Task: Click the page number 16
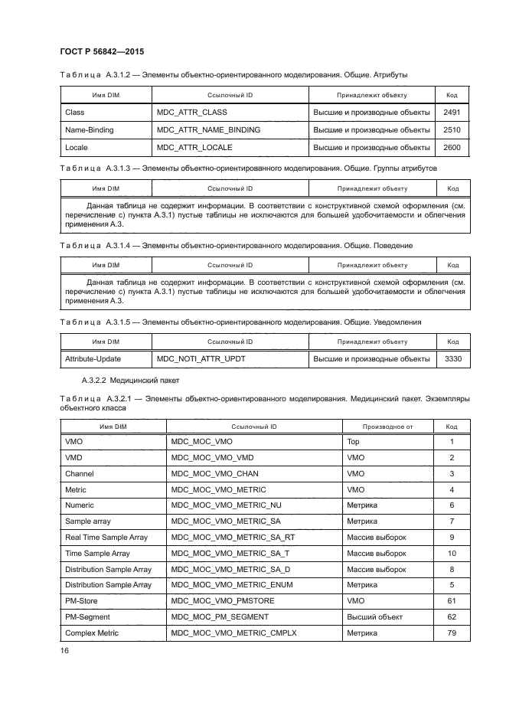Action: pyautogui.click(x=64, y=650)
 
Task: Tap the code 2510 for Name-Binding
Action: pyautogui.click(x=452, y=130)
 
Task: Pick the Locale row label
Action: pyautogui.click(x=76, y=147)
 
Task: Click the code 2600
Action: pyautogui.click(x=452, y=147)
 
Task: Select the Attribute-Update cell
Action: pyautogui.click(x=93, y=358)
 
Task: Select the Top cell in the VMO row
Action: pyautogui.click(x=353, y=442)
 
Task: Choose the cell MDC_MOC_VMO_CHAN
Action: pyautogui.click(x=216, y=474)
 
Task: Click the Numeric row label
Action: pyautogui.click(x=80, y=505)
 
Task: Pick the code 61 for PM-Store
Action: pyautogui.click(x=452, y=601)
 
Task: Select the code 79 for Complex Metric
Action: pyautogui.click(x=452, y=633)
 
